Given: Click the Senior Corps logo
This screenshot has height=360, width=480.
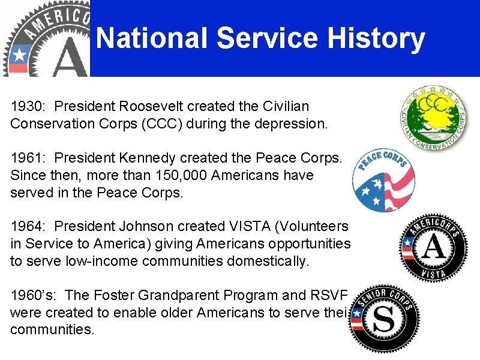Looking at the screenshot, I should click(384, 318).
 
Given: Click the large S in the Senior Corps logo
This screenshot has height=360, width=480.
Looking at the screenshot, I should click(386, 320).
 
